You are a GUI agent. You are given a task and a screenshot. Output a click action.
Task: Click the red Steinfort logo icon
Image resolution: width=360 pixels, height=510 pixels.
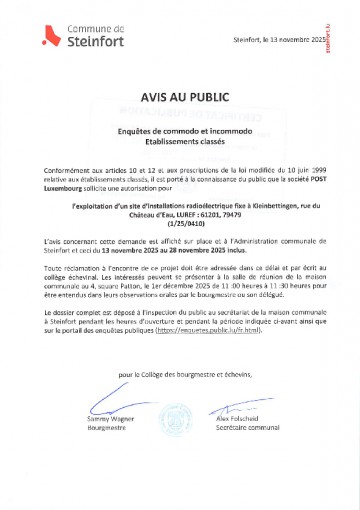pos(43,38)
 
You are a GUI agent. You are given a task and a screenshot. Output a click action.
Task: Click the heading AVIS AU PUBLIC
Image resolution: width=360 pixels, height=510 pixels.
pos(181,99)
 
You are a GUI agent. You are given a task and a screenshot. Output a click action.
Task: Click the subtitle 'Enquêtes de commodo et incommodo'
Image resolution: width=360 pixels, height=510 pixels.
pos(181,131)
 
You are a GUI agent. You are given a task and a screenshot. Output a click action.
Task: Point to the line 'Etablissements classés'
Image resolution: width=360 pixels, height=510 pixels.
pos(181,142)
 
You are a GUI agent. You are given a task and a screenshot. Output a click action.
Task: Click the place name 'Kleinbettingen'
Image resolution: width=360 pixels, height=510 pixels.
pos(262,207)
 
